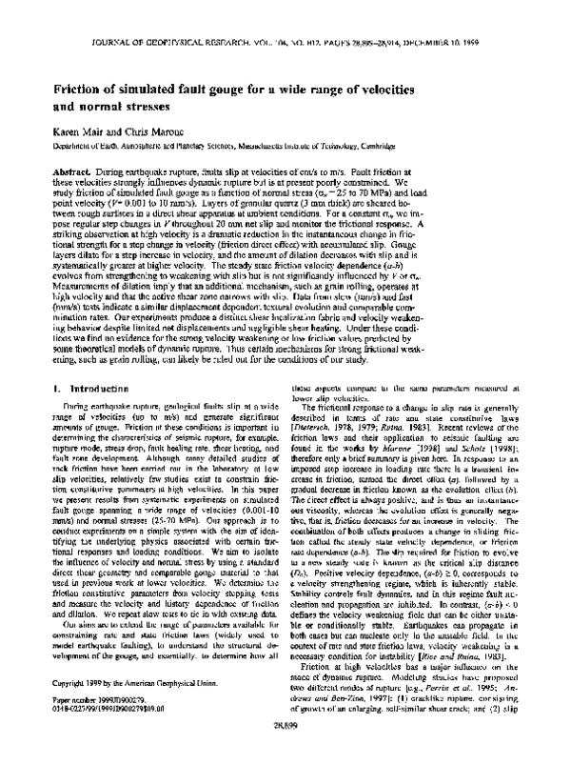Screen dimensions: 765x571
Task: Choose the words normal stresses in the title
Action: click(126, 107)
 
